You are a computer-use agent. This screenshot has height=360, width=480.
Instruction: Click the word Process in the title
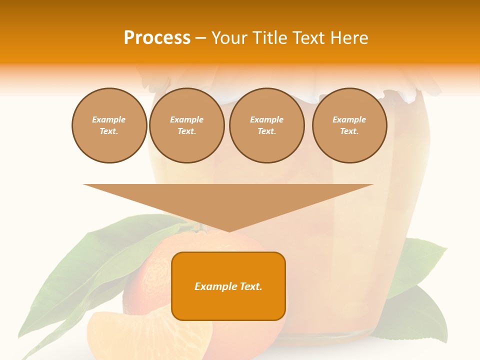(x=157, y=37)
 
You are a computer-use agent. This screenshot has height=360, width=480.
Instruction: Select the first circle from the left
(x=109, y=125)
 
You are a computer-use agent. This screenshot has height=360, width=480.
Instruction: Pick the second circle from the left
(x=186, y=125)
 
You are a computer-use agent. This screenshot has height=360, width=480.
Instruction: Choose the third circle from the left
(x=266, y=125)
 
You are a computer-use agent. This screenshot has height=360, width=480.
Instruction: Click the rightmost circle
(x=349, y=125)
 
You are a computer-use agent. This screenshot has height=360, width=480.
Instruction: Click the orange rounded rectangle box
(x=228, y=300)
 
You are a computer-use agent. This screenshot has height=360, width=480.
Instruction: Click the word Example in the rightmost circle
(x=349, y=119)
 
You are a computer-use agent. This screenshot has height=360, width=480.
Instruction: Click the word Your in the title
(x=227, y=37)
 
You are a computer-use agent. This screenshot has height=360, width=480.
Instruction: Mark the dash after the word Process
(x=200, y=38)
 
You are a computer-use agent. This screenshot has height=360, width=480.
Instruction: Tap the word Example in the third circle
(x=266, y=119)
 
